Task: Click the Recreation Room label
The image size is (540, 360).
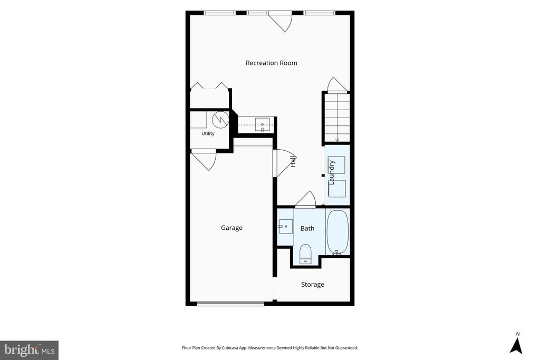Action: click(272, 63)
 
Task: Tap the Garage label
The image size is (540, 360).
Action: click(232, 228)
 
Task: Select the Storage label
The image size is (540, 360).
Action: click(313, 285)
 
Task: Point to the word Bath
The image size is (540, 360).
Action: click(307, 229)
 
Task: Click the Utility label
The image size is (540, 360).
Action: click(208, 133)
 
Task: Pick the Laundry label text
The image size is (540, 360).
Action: click(332, 172)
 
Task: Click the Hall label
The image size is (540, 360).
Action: click(293, 161)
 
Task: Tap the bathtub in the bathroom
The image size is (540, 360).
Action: click(337, 232)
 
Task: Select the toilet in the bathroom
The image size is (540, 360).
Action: click(305, 254)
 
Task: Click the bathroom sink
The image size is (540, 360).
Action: click(286, 227)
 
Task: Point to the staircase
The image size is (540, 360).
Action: click(337, 118)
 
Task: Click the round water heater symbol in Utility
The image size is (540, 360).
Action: click(220, 119)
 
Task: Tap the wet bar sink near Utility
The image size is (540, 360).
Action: click(263, 124)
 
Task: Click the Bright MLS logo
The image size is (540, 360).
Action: click(30, 351)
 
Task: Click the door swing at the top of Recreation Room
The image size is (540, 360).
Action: click(280, 21)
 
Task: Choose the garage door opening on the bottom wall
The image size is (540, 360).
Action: click(231, 304)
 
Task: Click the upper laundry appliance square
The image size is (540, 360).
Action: click(336, 165)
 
